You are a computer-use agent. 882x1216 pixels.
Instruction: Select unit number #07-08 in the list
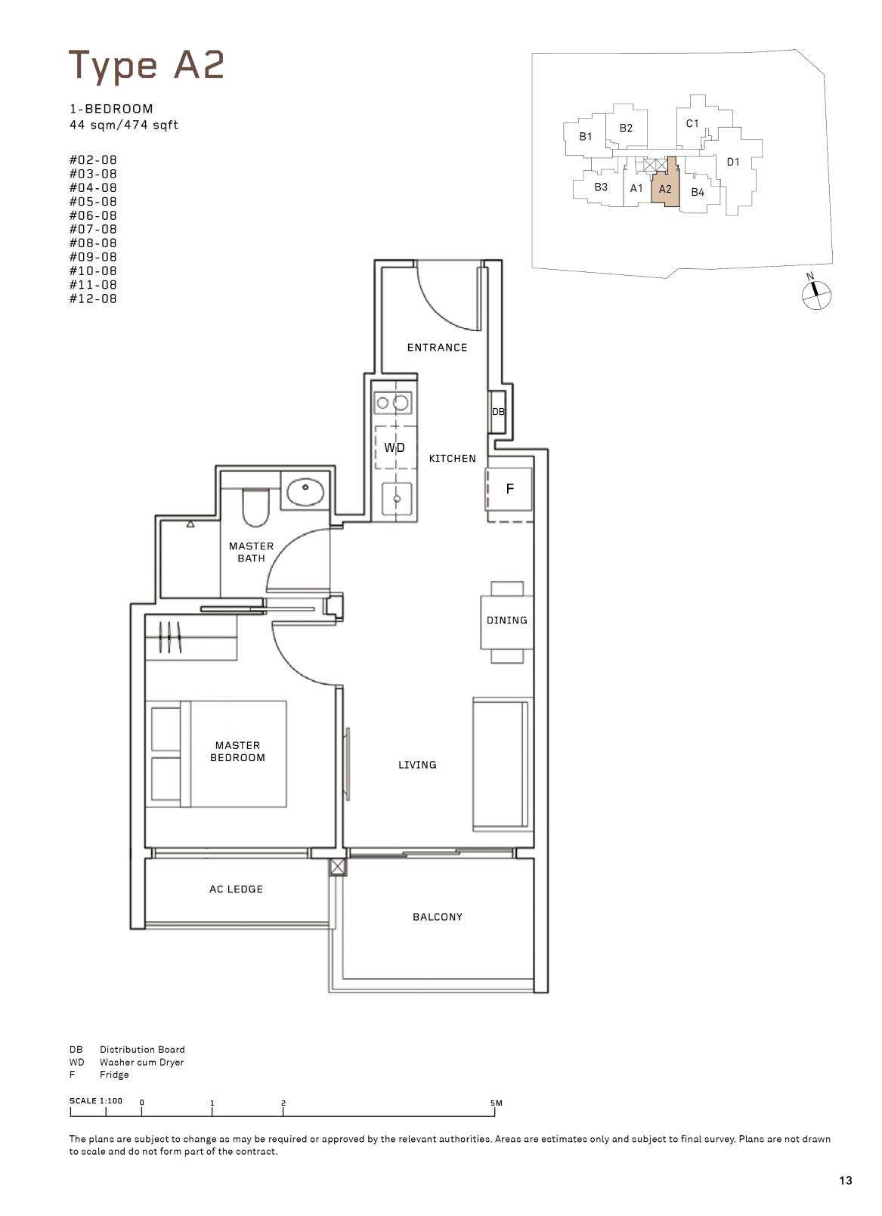click(93, 229)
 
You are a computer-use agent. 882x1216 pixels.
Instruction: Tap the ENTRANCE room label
click(437, 348)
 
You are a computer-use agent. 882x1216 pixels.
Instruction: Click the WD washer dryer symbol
click(395, 447)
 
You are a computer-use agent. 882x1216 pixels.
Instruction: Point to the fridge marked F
click(509, 489)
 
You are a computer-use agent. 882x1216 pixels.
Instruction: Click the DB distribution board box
click(498, 412)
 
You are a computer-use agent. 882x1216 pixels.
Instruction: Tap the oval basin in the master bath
click(305, 490)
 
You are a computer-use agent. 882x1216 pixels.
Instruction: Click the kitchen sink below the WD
click(397, 498)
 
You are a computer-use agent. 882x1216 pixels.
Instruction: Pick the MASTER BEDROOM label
click(238, 751)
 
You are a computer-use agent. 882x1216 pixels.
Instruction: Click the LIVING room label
click(417, 765)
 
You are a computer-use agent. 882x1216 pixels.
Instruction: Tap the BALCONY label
click(438, 917)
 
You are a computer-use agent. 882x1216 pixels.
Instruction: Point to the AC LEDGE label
click(236, 890)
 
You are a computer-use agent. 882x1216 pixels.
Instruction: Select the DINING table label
click(507, 620)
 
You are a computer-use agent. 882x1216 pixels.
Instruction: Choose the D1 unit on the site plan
click(733, 162)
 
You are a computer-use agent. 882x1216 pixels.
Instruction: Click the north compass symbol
click(816, 295)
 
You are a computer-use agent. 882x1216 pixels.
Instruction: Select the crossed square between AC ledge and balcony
click(337, 867)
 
